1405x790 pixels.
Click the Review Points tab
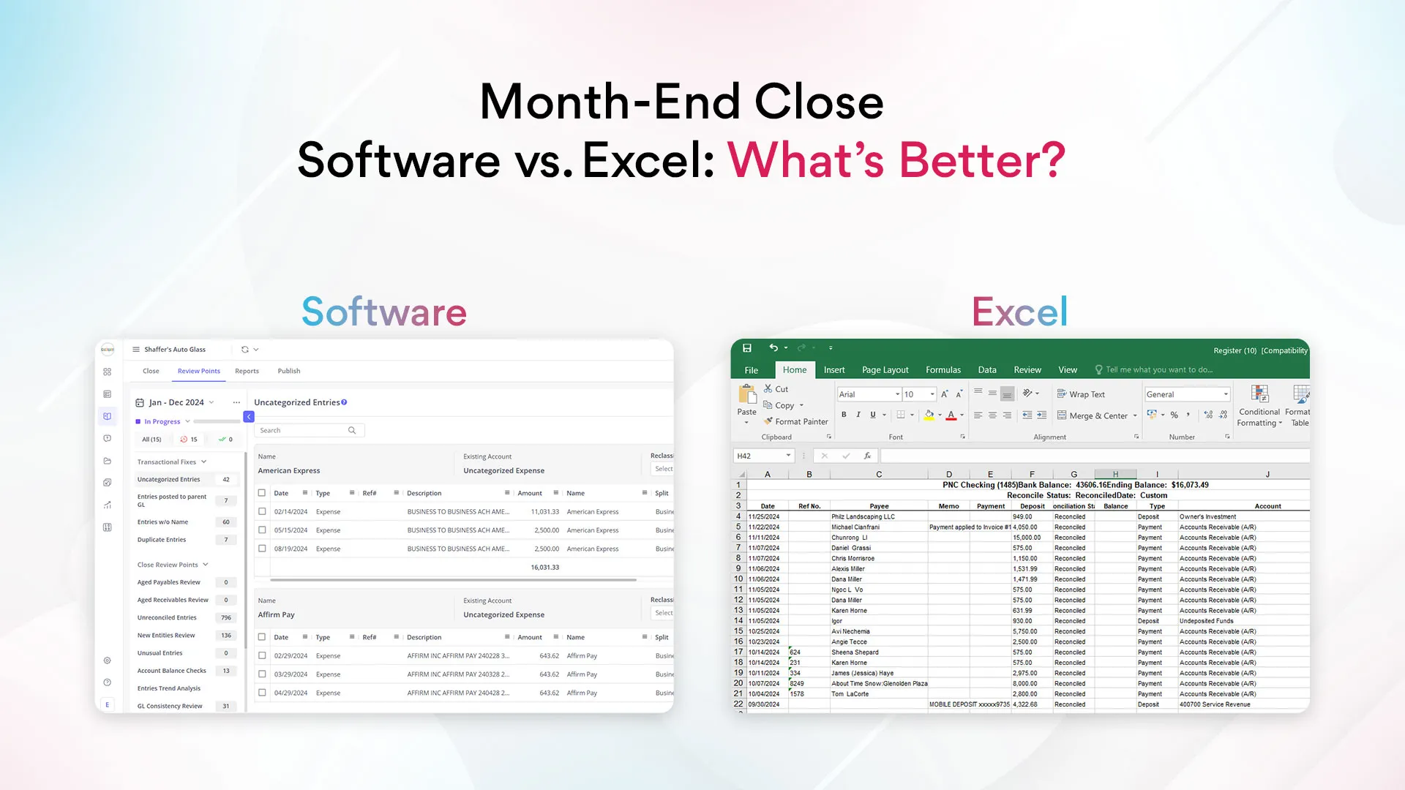(198, 371)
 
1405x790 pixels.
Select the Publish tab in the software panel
(288, 371)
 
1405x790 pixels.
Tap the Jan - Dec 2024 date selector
(176, 402)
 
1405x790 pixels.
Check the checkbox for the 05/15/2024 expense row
(262, 530)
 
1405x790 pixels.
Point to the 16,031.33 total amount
(544, 567)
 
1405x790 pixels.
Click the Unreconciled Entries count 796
(226, 617)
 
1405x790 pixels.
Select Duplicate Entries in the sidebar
(162, 540)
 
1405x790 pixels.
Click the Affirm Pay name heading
(276, 614)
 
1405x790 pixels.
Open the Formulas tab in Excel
(943, 369)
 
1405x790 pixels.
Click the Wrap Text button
(1081, 394)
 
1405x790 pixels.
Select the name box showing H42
(762, 456)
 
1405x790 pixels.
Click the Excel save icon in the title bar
(746, 348)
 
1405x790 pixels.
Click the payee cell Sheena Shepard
(855, 652)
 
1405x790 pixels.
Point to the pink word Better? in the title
(982, 160)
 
